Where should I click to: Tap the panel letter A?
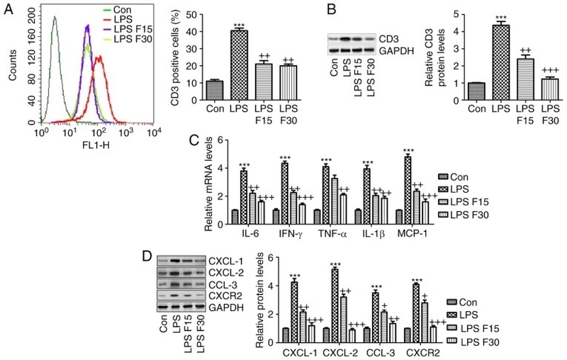tap(9, 10)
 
